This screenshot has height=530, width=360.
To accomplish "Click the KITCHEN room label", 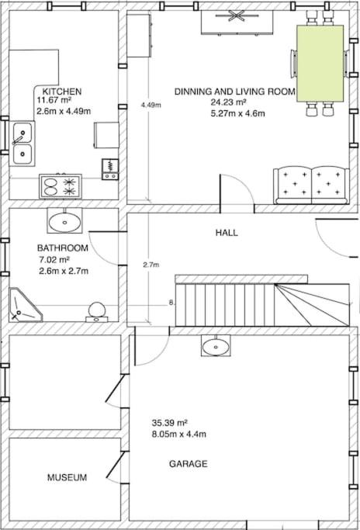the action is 62,92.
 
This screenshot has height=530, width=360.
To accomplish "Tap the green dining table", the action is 320,63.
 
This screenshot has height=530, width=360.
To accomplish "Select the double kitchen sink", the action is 22,144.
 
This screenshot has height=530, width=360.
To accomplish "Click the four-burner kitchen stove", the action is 61,186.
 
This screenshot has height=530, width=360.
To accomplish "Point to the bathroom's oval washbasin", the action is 64,220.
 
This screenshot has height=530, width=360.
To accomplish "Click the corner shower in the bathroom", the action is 25,305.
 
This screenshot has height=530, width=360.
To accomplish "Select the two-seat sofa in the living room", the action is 311,185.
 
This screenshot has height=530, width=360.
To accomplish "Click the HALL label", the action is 227,233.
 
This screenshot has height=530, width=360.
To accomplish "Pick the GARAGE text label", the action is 189,464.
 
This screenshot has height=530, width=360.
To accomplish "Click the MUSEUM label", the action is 67,477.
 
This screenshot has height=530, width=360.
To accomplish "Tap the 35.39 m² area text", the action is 170,422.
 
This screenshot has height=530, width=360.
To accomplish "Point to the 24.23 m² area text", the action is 229,102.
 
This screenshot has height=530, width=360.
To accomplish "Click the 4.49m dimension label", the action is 151,105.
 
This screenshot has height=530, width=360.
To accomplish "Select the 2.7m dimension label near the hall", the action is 151,265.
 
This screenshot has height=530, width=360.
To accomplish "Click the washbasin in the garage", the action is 216,346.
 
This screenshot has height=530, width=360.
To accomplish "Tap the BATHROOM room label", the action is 63,248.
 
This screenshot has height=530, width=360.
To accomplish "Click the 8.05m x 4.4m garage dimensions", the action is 178,434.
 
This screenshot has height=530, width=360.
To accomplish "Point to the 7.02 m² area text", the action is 54,260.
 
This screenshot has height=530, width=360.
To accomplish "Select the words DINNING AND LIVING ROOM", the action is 235,92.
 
